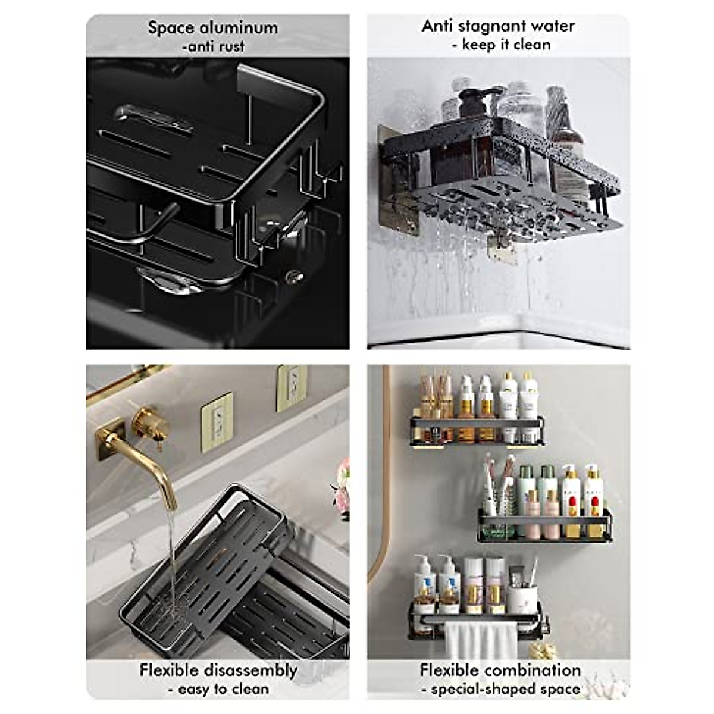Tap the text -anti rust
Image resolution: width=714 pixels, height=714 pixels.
click(213, 46)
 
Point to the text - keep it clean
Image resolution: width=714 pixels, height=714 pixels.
click(501, 45)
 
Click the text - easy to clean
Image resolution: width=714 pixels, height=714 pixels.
click(218, 689)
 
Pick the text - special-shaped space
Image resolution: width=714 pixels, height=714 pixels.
click(501, 689)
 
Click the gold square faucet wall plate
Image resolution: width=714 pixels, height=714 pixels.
click(109, 439)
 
